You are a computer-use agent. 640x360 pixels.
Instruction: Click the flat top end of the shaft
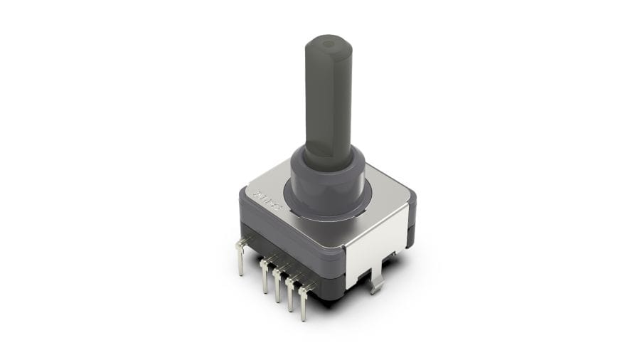[x=329, y=47]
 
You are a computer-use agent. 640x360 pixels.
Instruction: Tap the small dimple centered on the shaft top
[x=328, y=44]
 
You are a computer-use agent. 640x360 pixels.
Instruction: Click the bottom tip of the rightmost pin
[x=304, y=317]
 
